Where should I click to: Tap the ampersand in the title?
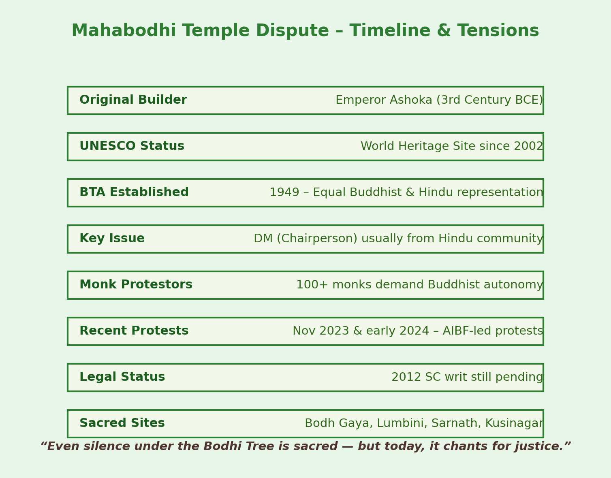[x=444, y=30]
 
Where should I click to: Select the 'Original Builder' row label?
[x=133, y=100]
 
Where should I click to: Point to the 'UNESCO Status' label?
[x=132, y=146]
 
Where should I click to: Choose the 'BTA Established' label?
[x=134, y=192]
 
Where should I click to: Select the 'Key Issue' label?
[x=112, y=239]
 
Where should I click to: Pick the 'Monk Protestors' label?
[x=136, y=285]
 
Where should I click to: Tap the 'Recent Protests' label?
[x=134, y=331]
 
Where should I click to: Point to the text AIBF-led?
[x=467, y=331]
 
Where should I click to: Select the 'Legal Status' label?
[x=122, y=377]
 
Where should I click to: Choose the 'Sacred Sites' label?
[x=122, y=423]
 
